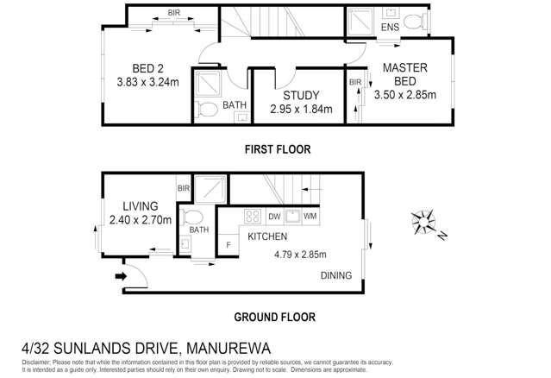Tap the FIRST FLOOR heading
point(276,149)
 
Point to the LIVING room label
point(139,206)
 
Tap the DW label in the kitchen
point(275,217)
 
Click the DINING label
point(335,276)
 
